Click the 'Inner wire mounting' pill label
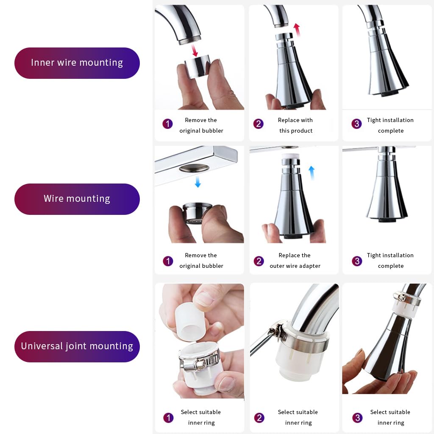[x=77, y=63]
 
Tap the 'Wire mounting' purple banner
[x=77, y=199]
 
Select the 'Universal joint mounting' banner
[x=77, y=347]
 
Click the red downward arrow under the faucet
[x=195, y=50]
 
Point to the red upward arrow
[x=297, y=30]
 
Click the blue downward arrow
[x=198, y=181]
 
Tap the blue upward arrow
[x=312, y=173]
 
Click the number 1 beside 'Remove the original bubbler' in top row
[x=167, y=124]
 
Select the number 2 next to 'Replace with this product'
[x=258, y=124]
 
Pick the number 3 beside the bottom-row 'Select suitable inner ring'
[x=357, y=417]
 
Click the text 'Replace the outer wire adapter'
[x=295, y=261]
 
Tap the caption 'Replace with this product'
[x=295, y=125]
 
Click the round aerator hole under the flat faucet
[x=194, y=168]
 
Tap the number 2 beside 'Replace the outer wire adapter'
[x=259, y=261]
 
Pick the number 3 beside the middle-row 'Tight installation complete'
[x=357, y=261]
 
